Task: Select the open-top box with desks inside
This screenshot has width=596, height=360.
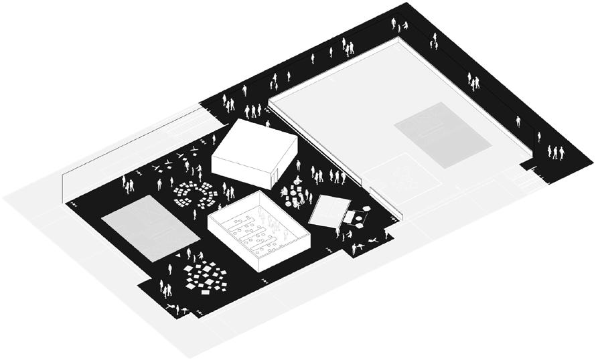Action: [258, 231]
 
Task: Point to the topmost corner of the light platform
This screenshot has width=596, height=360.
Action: [399, 38]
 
